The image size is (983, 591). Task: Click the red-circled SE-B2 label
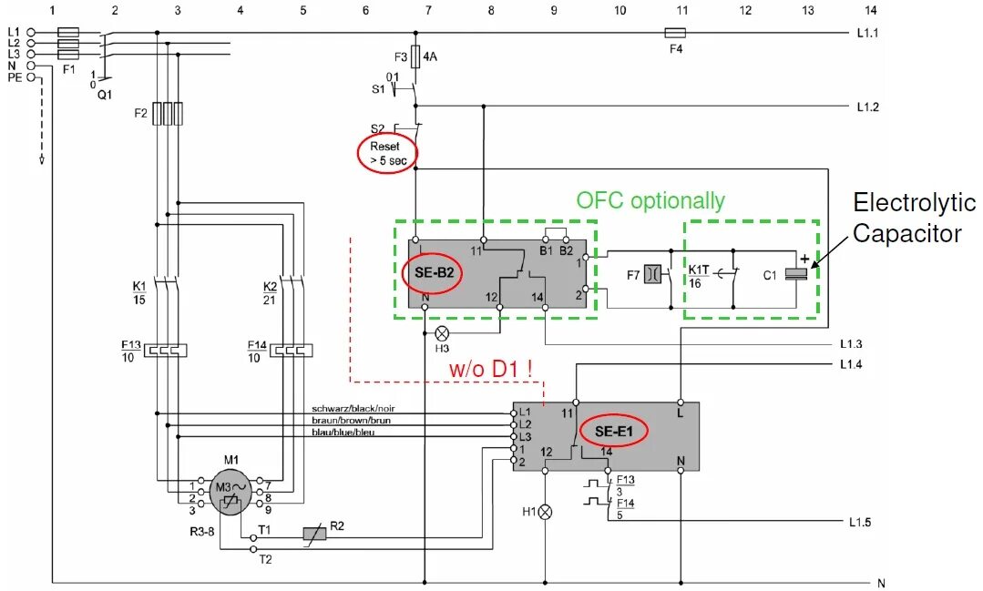[431, 273]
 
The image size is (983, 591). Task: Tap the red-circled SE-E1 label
[614, 431]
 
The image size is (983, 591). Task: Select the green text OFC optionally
[650, 200]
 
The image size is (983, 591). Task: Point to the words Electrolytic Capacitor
[913, 219]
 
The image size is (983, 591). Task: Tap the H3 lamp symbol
[443, 332]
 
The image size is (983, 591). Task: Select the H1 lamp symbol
[546, 512]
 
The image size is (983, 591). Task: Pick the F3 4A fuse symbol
[416, 57]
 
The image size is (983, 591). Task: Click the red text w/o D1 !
[491, 370]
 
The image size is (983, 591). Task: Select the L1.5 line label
[859, 523]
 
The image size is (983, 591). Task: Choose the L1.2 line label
[867, 107]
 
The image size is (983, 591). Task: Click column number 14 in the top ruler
[870, 10]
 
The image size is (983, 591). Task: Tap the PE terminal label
[15, 78]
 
